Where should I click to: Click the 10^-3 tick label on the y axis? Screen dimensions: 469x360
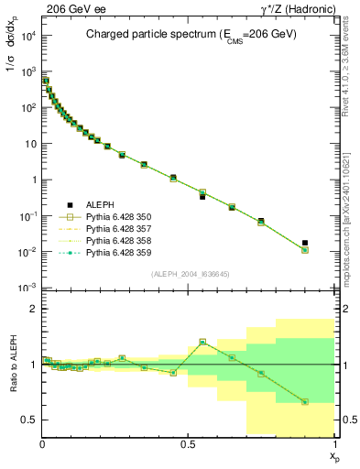tap(28, 288)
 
